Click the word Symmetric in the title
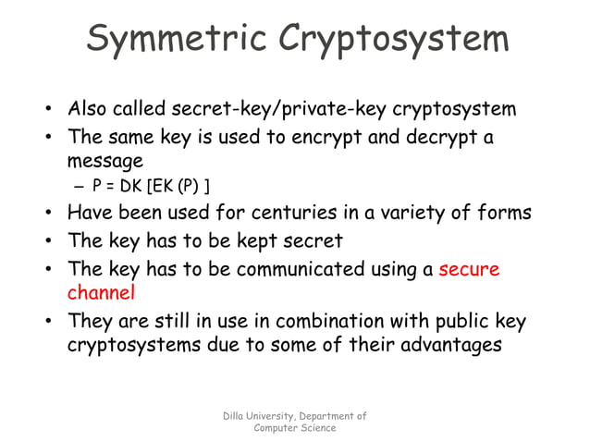(170, 39)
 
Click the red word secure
(469, 270)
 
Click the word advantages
(450, 346)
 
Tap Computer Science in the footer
(295, 428)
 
